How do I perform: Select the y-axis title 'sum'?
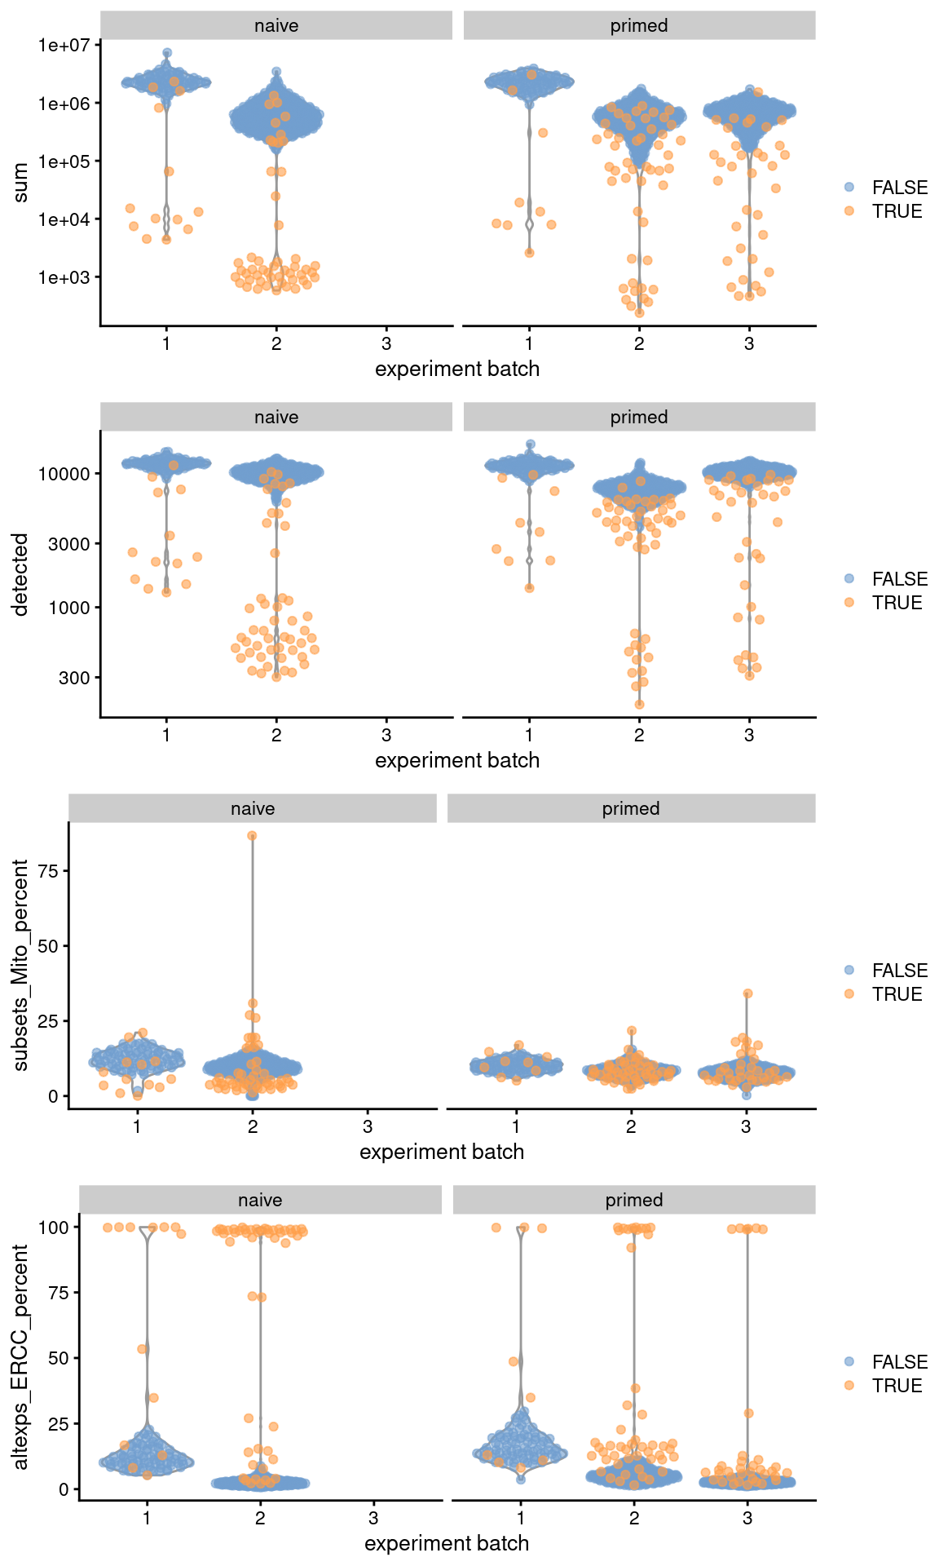click(x=20, y=183)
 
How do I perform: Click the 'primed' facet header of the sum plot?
click(x=639, y=25)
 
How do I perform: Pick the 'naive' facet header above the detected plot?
click(x=276, y=417)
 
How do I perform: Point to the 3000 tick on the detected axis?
click(x=68, y=544)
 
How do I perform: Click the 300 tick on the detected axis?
click(x=73, y=678)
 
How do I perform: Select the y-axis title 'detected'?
click(x=20, y=574)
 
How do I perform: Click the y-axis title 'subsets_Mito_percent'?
click(x=20, y=965)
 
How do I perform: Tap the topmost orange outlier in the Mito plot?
click(x=253, y=836)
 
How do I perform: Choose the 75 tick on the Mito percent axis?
click(x=48, y=871)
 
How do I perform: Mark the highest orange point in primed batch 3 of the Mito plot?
click(x=747, y=993)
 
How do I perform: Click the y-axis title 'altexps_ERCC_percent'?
click(x=20, y=1357)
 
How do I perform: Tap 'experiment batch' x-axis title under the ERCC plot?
click(x=447, y=1543)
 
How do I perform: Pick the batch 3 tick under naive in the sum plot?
click(x=386, y=343)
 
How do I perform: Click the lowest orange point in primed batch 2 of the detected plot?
click(x=639, y=704)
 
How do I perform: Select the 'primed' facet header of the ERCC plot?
click(x=634, y=1200)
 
